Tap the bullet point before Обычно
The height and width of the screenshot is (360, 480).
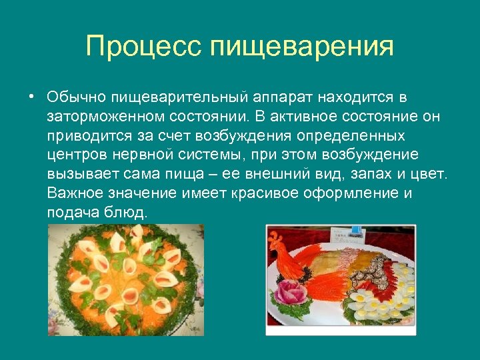[x=31, y=97]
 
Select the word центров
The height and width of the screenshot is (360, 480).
[x=73, y=155]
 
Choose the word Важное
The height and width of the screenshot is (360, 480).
[x=73, y=194]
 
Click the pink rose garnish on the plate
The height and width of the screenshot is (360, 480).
[x=291, y=294]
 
